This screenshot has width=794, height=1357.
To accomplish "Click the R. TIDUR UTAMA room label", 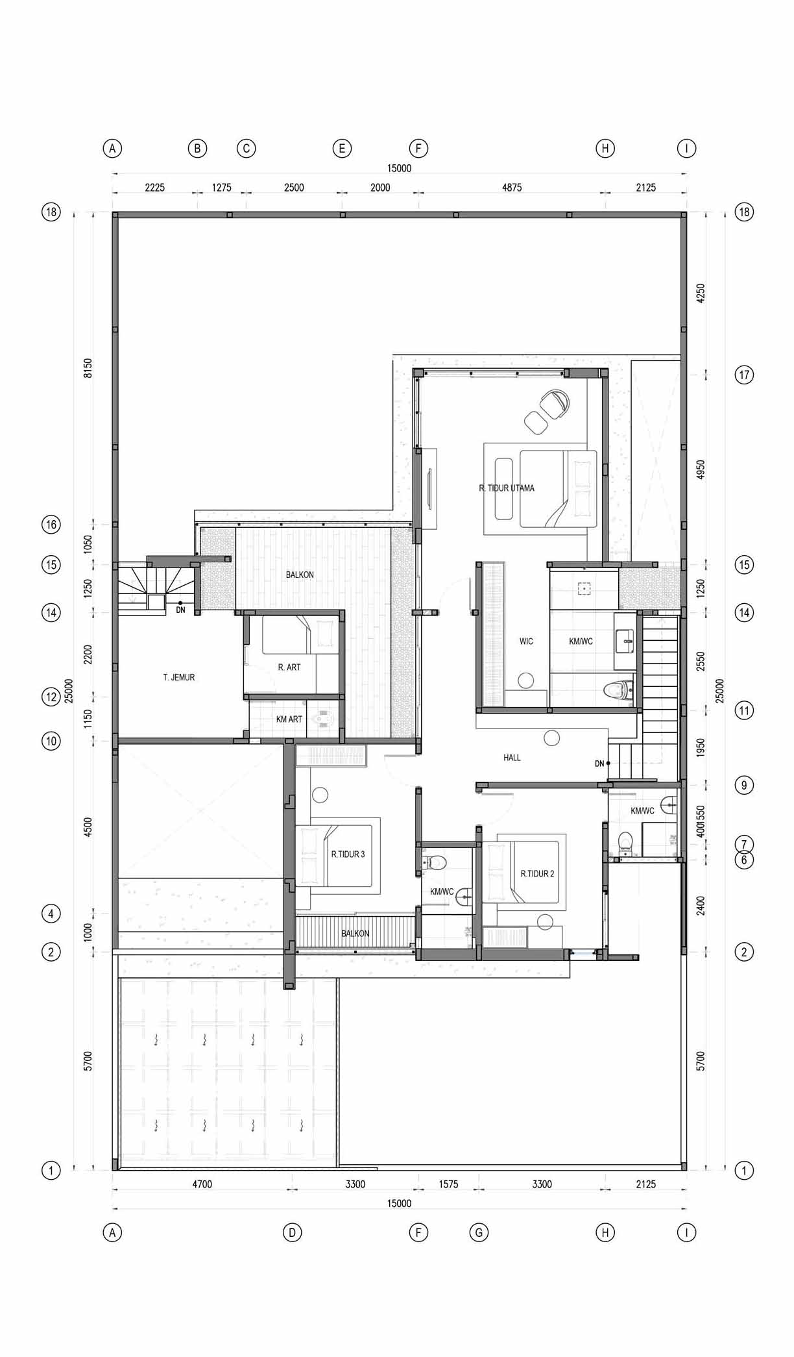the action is pyautogui.click(x=507, y=488).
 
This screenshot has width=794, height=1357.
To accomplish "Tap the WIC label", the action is pyautogui.click(x=526, y=641).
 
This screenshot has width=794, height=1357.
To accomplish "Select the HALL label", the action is pyautogui.click(x=512, y=758).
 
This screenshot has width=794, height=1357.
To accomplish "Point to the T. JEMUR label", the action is pyautogui.click(x=178, y=677).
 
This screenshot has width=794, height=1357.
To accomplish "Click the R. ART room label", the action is pyautogui.click(x=289, y=667).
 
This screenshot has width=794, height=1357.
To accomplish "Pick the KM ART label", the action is pyautogui.click(x=289, y=719).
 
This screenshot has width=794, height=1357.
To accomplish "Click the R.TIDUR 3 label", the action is pyautogui.click(x=348, y=854).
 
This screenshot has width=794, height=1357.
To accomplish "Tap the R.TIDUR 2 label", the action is pyautogui.click(x=538, y=874).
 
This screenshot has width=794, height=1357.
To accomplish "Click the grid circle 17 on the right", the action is pyautogui.click(x=744, y=375).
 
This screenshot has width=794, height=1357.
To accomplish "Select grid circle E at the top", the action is pyautogui.click(x=342, y=149).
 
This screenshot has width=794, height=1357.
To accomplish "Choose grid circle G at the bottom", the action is pyautogui.click(x=479, y=1232).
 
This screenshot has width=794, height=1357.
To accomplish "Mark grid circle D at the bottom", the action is pyautogui.click(x=292, y=1232).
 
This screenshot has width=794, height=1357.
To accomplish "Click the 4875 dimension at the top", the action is pyautogui.click(x=512, y=188).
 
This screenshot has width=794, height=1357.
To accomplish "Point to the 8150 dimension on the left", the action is pyautogui.click(x=88, y=368).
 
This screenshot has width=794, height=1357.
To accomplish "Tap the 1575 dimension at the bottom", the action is pyautogui.click(x=448, y=1184).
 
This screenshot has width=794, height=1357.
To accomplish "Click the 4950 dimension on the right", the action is pyautogui.click(x=701, y=470).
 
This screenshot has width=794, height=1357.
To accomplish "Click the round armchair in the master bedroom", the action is pyautogui.click(x=555, y=403).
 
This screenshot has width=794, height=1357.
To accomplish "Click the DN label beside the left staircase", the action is pyautogui.click(x=180, y=610).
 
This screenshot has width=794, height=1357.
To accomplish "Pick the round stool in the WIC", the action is pyautogui.click(x=526, y=680).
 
